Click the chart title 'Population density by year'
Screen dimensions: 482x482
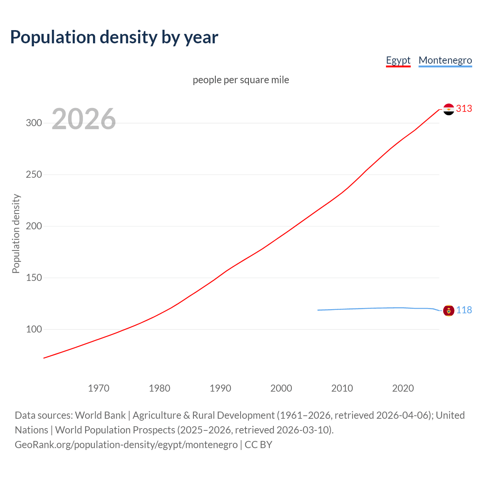(x=114, y=37)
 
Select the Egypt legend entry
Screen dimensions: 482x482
(x=398, y=60)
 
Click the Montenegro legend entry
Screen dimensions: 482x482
(x=445, y=60)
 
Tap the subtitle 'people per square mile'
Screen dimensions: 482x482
(x=241, y=80)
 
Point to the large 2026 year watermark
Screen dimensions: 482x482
(x=84, y=119)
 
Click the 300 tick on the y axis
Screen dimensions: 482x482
(x=34, y=123)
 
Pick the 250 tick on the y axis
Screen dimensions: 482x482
(x=34, y=175)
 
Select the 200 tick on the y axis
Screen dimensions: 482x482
(x=34, y=226)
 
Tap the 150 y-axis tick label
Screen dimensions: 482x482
(x=34, y=278)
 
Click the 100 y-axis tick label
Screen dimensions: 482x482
(x=34, y=329)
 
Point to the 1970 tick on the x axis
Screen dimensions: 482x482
(x=99, y=388)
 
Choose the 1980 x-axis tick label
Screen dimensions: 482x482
(x=160, y=388)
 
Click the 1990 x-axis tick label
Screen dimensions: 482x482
(x=220, y=388)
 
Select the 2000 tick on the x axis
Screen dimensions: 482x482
(x=281, y=388)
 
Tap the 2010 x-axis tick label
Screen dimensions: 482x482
(x=342, y=388)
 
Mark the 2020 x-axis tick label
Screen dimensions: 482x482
(x=403, y=388)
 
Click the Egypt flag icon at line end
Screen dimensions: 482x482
(x=448, y=109)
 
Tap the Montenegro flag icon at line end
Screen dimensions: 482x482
(x=448, y=311)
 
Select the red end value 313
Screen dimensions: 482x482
(x=464, y=109)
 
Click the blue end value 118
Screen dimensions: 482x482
(x=464, y=310)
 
